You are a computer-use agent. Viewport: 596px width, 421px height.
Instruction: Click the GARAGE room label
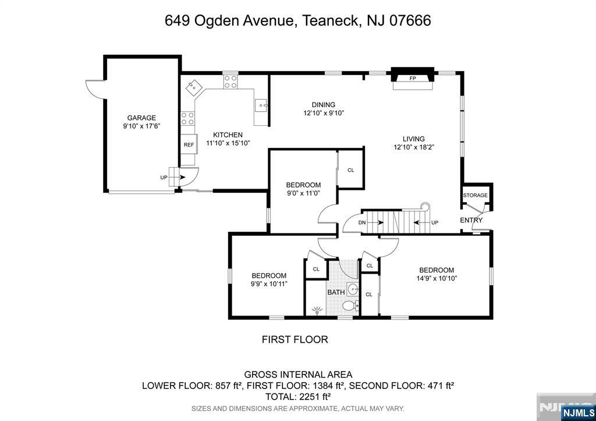click(x=141, y=118)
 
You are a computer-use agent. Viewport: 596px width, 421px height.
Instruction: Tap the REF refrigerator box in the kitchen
click(x=189, y=145)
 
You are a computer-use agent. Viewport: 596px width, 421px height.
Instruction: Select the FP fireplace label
click(x=413, y=78)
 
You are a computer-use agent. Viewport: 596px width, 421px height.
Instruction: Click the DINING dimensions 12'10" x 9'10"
click(x=324, y=114)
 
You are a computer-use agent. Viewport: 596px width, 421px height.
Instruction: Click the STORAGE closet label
click(x=475, y=195)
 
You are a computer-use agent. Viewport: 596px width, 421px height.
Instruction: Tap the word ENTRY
click(x=471, y=220)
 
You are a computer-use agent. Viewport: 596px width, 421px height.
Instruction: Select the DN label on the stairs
click(x=362, y=222)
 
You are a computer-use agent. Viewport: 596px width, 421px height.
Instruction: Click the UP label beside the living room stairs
click(x=434, y=222)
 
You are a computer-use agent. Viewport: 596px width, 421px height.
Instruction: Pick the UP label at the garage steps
click(x=164, y=177)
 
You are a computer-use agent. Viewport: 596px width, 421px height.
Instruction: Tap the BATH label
click(x=336, y=292)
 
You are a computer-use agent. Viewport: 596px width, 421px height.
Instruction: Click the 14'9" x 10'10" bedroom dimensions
click(x=437, y=278)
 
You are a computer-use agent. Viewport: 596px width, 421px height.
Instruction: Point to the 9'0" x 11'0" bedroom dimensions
click(x=303, y=193)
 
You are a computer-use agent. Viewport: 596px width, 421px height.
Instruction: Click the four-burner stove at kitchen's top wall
click(x=230, y=82)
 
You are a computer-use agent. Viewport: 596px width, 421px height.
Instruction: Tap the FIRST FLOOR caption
click(x=295, y=339)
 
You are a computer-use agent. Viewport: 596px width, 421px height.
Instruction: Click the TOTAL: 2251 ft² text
click(x=297, y=396)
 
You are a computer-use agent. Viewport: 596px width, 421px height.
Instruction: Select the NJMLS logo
click(x=577, y=412)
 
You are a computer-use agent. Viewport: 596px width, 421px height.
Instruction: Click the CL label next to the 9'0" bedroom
click(x=350, y=170)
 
